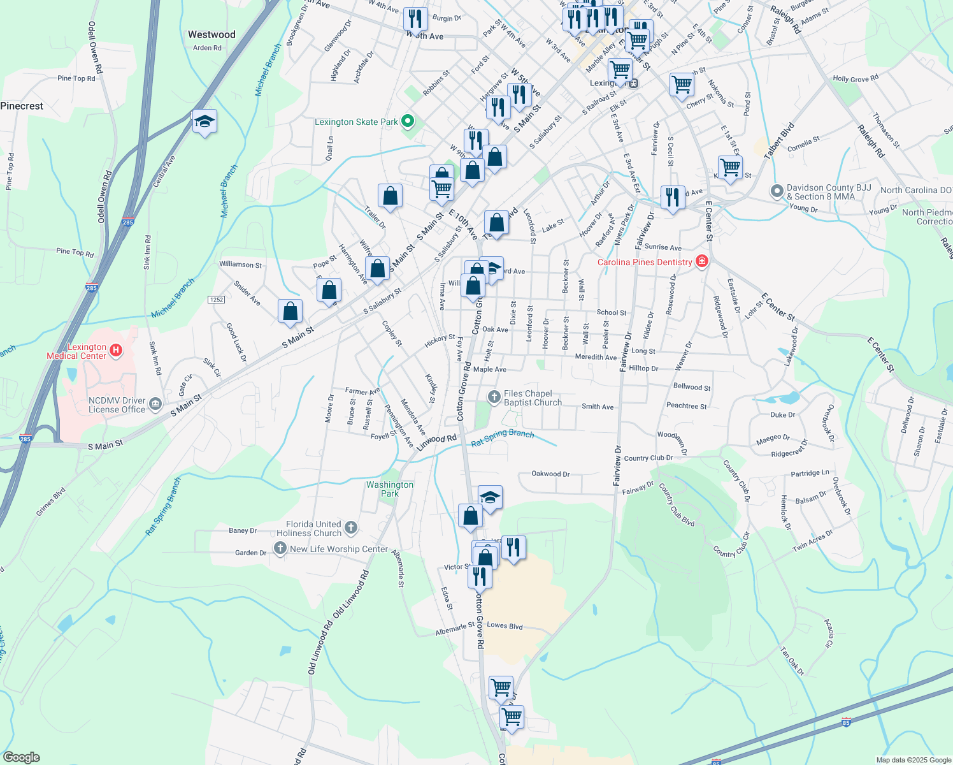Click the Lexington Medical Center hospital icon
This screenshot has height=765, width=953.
pos(116,349)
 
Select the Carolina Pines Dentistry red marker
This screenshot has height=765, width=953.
pos(702,261)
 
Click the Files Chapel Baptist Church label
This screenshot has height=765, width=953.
pos(533,398)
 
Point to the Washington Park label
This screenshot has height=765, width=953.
pos(390,489)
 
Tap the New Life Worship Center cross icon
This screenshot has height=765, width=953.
pos(280,548)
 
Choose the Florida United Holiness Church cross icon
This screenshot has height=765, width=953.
pos(351,527)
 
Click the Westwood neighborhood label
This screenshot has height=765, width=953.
pos(211,34)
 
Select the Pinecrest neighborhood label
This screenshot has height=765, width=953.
pos(22,106)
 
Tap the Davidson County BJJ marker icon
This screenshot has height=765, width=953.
pos(777,191)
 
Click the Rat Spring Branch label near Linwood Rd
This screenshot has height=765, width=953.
pos(503,437)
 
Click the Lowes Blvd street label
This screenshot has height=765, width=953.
pos(505,625)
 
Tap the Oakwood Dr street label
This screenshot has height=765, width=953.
pos(550,474)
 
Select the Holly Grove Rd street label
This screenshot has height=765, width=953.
pos(856,79)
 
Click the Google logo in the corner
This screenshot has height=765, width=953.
pos(21,757)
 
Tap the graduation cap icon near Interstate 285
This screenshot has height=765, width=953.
pos(204,121)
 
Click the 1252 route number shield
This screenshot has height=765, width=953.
pos(217,300)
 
